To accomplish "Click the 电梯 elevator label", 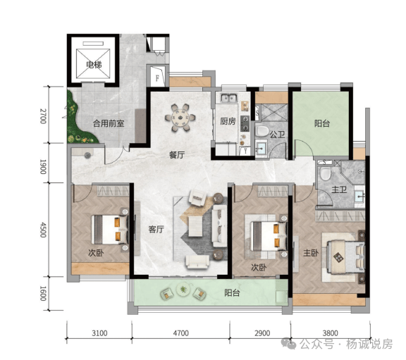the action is (94, 64).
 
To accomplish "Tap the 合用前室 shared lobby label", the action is (109, 123).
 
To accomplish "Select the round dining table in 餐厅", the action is (180, 118).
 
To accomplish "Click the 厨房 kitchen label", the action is (228, 121).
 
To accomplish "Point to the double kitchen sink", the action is (229, 98).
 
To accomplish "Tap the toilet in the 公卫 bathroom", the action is (262, 130).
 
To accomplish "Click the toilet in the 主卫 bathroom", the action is (325, 173).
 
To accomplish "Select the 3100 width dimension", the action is (99, 333).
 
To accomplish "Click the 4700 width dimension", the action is (180, 333).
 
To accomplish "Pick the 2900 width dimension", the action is (262, 333).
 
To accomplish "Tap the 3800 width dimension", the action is (330, 333).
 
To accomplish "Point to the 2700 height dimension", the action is (43, 116).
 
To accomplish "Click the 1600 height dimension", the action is (43, 293).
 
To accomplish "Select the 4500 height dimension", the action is (43, 230).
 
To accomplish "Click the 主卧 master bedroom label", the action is (311, 253).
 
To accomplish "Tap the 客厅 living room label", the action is (156, 229).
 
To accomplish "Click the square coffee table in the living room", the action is (195, 226).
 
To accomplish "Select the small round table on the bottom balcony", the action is (183, 290).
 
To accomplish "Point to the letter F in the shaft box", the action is (157, 78).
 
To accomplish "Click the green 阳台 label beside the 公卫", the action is (322, 123).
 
